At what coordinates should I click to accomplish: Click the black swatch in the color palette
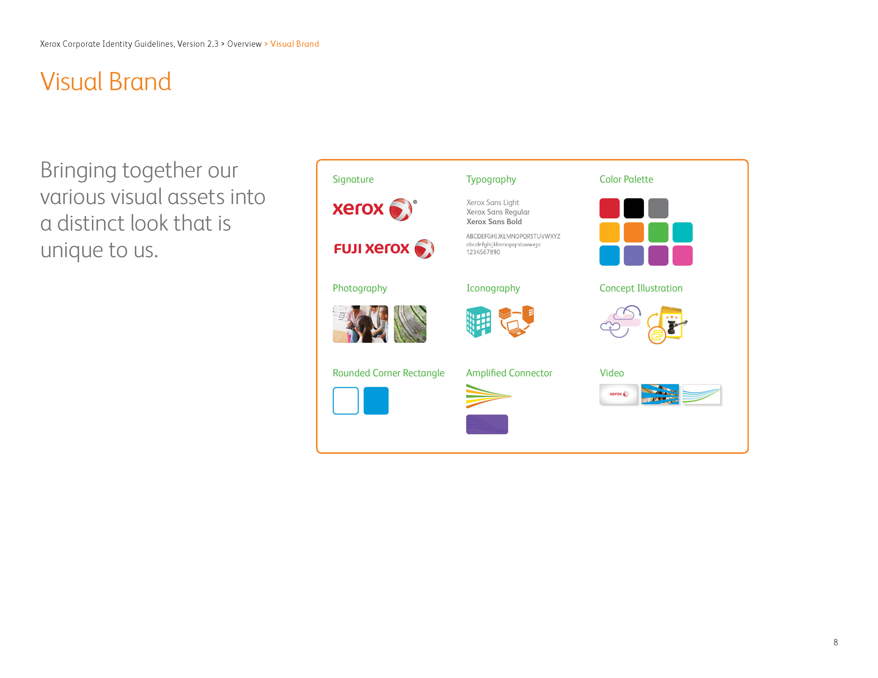634,208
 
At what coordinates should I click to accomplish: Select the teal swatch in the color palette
682,232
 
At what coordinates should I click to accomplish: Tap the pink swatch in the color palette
682,255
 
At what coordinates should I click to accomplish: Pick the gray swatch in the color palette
658,208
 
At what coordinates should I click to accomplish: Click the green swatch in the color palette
658,232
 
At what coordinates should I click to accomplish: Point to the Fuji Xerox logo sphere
424,249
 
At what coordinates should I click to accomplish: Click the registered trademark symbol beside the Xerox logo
415,202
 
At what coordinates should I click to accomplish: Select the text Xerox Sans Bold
494,222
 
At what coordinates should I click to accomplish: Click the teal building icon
478,321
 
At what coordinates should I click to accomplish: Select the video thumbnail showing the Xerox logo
618,394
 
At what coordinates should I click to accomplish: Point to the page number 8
835,642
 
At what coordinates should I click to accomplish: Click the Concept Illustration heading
641,288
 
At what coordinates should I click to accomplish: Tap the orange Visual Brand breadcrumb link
295,44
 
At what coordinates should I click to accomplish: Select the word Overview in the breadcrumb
244,44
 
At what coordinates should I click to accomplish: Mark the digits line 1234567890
483,252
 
